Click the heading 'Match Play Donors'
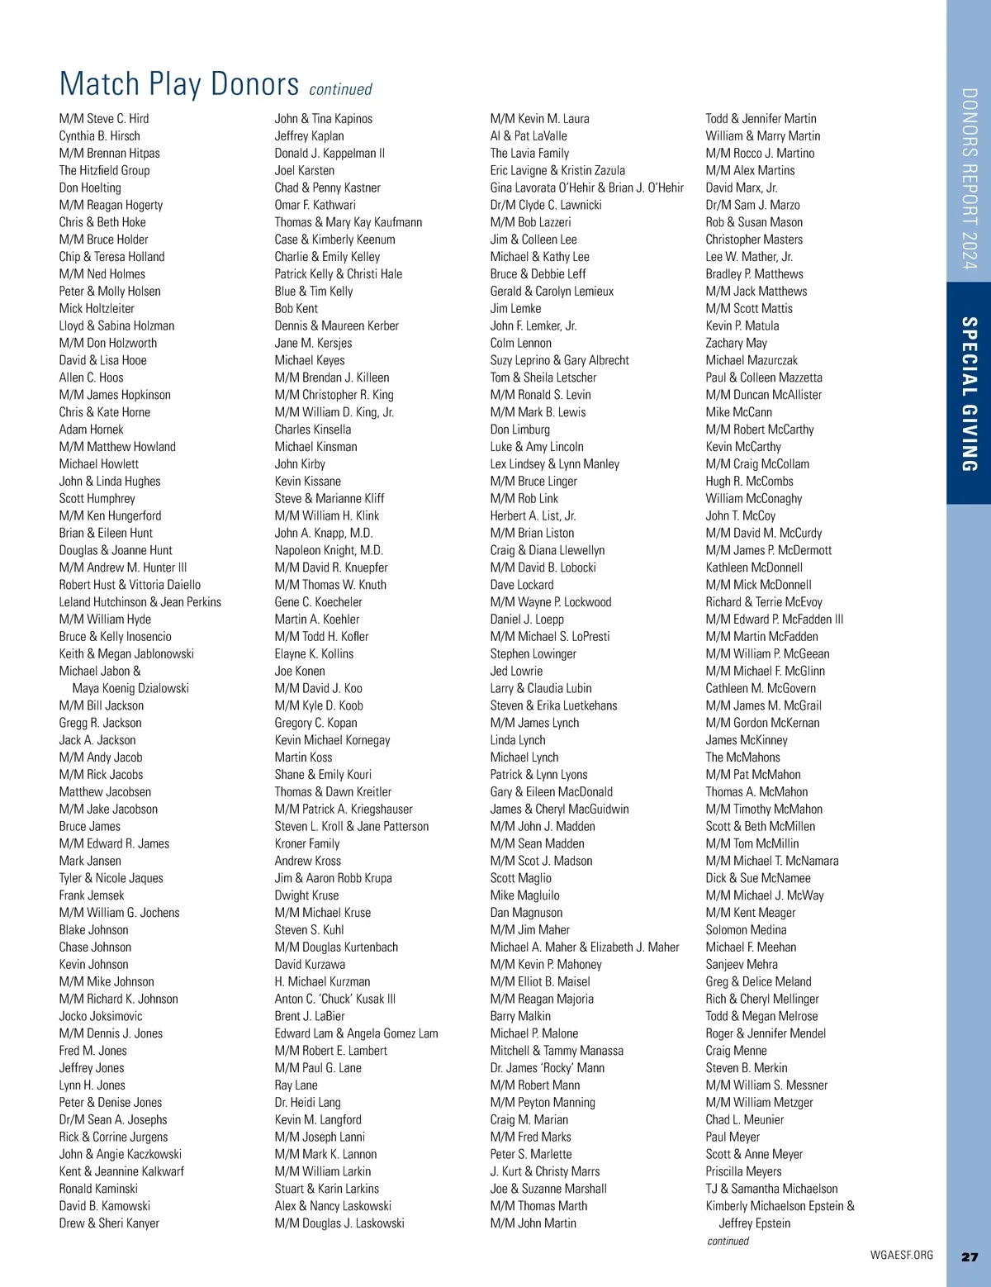[178, 84]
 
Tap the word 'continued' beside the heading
[340, 89]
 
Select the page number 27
[970, 1256]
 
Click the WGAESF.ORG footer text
[901, 1255]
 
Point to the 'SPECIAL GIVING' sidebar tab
[970, 394]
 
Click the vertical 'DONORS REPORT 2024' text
[970, 178]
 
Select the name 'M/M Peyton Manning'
[542, 1102]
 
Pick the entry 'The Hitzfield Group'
[104, 170]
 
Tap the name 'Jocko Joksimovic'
[100, 1016]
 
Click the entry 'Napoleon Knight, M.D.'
[329, 550]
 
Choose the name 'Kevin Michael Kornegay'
[332, 740]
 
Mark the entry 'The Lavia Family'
[529, 153]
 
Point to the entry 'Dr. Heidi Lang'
[307, 1102]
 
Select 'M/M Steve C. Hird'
[104, 118]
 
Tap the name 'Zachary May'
[736, 343]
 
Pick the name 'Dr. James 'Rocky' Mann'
[547, 1067]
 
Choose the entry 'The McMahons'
[742, 757]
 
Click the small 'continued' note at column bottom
[728, 1241]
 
